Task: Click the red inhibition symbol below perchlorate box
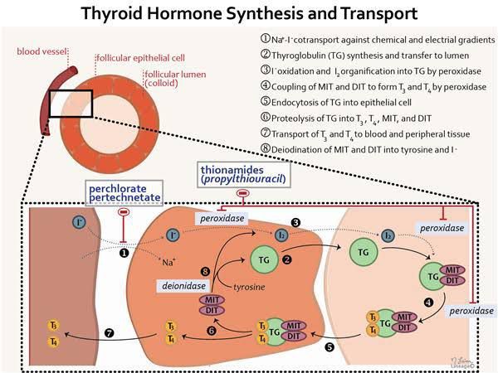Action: pyautogui.click(x=124, y=212)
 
